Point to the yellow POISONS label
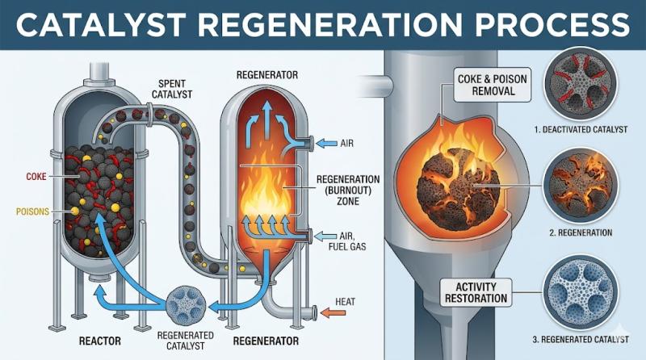[32, 211]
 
